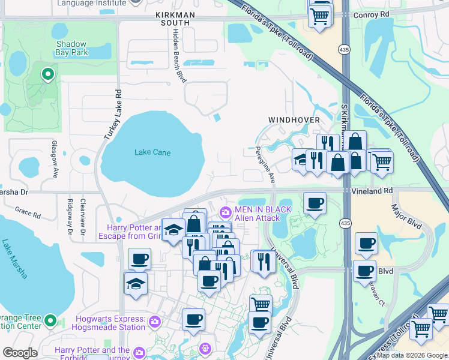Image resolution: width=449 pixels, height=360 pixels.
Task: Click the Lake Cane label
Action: [152, 152]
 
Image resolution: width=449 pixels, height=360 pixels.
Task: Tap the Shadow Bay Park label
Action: [71, 49]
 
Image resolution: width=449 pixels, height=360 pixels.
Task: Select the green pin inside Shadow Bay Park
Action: [47, 74]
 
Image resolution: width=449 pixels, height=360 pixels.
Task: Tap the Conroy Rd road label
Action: [372, 14]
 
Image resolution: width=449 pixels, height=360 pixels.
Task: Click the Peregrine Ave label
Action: [266, 164]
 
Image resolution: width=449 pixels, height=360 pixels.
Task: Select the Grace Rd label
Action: [28, 212]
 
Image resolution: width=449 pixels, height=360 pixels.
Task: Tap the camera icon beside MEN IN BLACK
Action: [226, 212]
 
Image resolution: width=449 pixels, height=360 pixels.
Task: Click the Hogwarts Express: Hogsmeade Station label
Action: [109, 323]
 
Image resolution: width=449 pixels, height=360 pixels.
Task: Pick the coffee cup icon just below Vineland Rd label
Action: [315, 203]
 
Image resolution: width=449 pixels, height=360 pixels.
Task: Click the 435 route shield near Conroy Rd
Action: [343, 49]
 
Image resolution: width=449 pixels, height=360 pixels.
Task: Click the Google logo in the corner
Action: [20, 353]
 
